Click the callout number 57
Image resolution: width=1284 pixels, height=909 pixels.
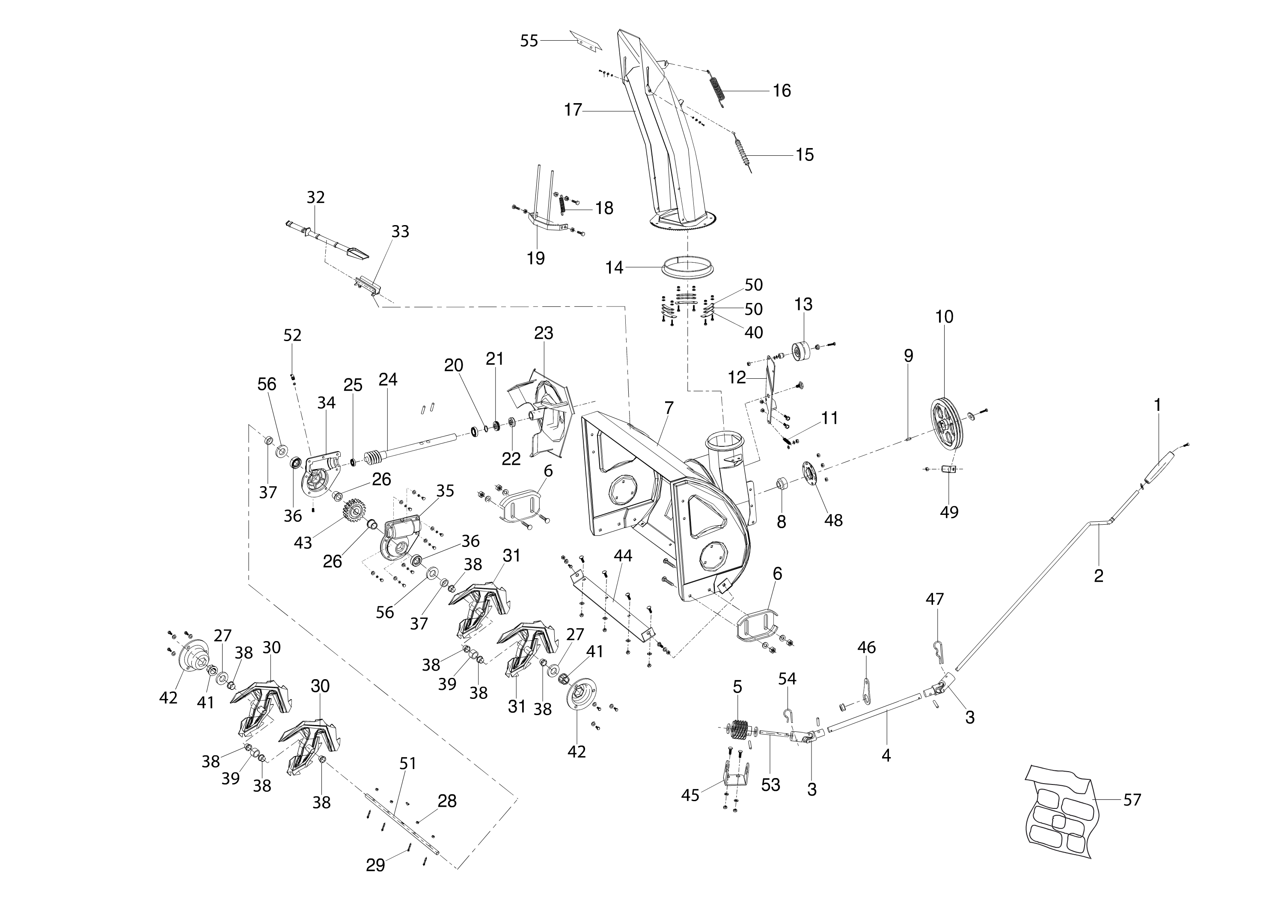tap(1132, 800)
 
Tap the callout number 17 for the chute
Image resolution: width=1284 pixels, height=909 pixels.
tap(573, 110)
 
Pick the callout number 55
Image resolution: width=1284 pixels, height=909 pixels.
tap(529, 41)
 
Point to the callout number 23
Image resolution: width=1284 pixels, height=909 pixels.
tap(544, 333)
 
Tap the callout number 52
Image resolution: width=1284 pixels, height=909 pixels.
tap(292, 335)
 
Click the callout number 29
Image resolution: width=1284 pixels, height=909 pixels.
tap(376, 865)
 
